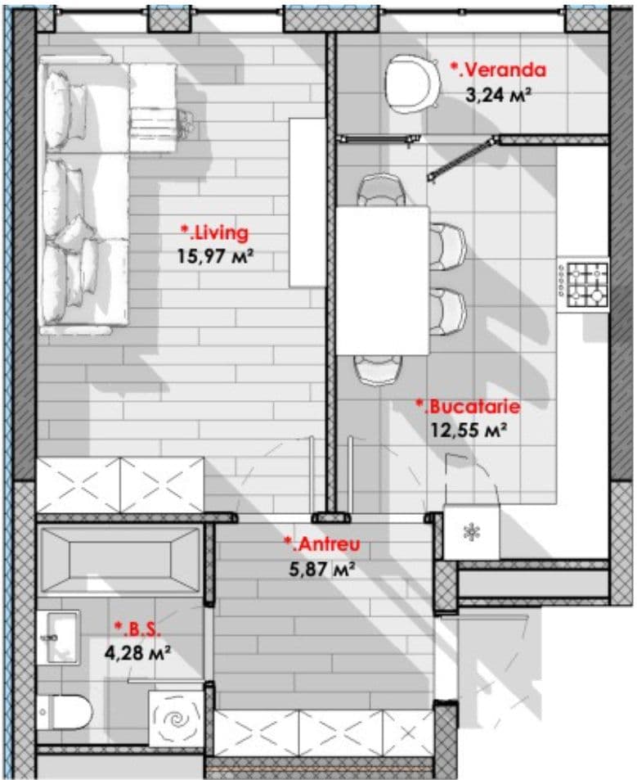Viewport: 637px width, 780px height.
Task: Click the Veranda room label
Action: pyautogui.click(x=498, y=70)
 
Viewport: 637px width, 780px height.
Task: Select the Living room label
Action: pyautogui.click(x=214, y=232)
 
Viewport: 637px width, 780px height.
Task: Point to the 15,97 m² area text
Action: pyautogui.click(x=216, y=256)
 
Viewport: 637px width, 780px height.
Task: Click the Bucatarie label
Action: pyautogui.click(x=468, y=407)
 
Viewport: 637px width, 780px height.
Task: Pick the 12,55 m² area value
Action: pyautogui.click(x=469, y=430)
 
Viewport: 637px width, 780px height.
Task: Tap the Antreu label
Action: pyautogui.click(x=322, y=544)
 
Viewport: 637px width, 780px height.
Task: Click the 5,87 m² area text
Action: pyautogui.click(x=322, y=568)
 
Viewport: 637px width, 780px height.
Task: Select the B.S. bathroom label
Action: pyautogui.click(x=137, y=629)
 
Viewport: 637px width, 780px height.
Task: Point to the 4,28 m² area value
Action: pyautogui.click(x=137, y=652)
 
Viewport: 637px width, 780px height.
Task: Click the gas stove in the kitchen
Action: pyautogui.click(x=583, y=285)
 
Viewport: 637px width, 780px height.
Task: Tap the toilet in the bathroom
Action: pyautogui.click(x=65, y=711)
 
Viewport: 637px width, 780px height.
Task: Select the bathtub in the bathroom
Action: pyautogui.click(x=120, y=560)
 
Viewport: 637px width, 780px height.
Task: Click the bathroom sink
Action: pyautogui.click(x=59, y=638)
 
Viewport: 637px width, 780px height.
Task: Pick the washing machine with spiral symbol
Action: pyautogui.click(x=176, y=717)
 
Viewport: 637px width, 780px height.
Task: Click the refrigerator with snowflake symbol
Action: pyautogui.click(x=471, y=533)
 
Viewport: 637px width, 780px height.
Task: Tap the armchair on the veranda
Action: pyautogui.click(x=412, y=83)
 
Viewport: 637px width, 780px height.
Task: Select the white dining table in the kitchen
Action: pyautogui.click(x=383, y=281)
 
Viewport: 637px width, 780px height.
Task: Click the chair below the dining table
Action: pyautogui.click(x=379, y=370)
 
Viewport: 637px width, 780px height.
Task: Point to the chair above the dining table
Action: pyautogui.click(x=382, y=190)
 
